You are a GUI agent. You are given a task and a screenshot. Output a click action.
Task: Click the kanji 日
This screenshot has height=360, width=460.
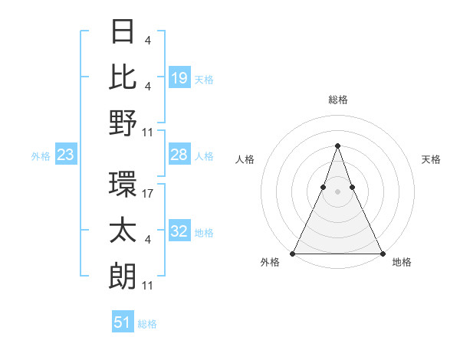(x=123, y=33)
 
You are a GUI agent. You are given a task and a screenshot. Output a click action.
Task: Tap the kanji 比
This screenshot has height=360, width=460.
(x=123, y=77)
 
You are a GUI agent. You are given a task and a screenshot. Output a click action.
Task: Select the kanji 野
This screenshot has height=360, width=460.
(x=123, y=123)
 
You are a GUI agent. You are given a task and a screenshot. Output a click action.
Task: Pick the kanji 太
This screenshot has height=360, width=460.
(x=123, y=231)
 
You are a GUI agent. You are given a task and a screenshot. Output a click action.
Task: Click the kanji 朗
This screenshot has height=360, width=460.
(x=123, y=276)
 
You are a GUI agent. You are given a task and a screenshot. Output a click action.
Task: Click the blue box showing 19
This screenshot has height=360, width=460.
(x=179, y=77)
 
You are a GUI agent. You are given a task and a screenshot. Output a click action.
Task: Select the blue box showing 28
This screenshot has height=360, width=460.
(x=179, y=155)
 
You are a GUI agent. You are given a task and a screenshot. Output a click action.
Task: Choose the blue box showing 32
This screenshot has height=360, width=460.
(x=179, y=231)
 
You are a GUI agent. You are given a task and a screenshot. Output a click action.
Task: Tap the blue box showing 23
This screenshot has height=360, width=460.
(x=65, y=155)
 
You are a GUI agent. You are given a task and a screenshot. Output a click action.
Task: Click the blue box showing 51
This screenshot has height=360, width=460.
(x=123, y=322)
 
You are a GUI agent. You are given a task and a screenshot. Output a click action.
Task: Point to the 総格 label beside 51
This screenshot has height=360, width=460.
(x=147, y=324)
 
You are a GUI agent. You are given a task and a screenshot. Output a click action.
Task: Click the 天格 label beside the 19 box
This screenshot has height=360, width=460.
(x=204, y=79)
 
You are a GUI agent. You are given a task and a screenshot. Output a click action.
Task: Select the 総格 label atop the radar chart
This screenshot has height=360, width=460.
(x=338, y=100)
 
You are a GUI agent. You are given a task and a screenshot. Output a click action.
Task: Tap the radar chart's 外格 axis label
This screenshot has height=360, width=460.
(x=270, y=262)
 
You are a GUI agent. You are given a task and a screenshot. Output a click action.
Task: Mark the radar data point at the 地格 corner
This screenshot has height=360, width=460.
(x=382, y=254)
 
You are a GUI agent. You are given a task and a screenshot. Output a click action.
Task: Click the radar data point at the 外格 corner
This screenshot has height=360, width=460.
(x=293, y=254)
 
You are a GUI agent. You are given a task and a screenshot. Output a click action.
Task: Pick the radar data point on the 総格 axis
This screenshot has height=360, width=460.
(x=337, y=146)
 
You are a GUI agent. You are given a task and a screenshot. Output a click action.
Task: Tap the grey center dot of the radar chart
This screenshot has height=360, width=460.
(x=337, y=192)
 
